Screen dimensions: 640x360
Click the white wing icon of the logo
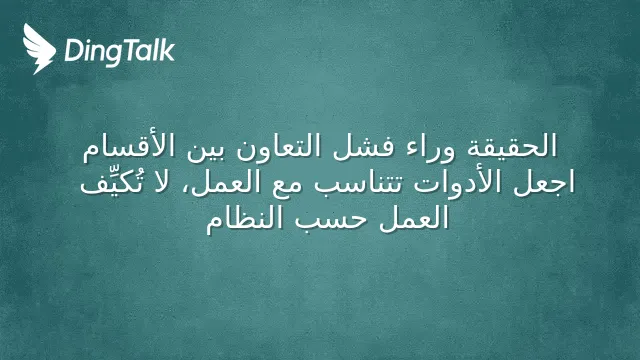(39, 49)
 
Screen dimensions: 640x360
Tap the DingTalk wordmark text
(120, 52)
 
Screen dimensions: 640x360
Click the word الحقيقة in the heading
(512, 147)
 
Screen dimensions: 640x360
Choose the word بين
(207, 148)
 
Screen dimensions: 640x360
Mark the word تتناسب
(360, 182)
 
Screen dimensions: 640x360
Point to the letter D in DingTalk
(73, 50)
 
